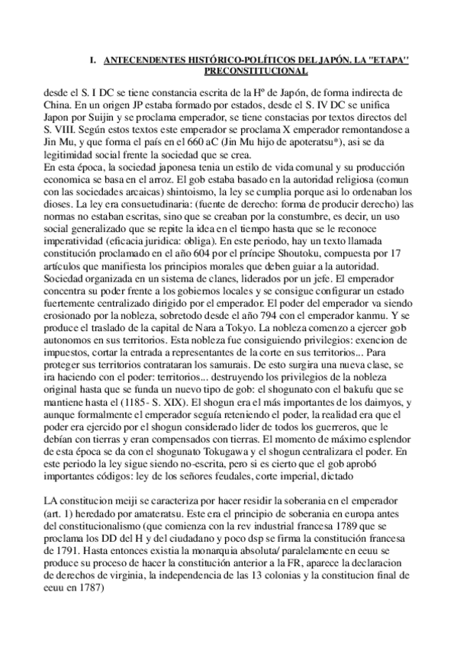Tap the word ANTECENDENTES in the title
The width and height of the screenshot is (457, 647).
(x=142, y=59)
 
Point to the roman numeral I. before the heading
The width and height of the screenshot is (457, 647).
(x=92, y=59)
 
